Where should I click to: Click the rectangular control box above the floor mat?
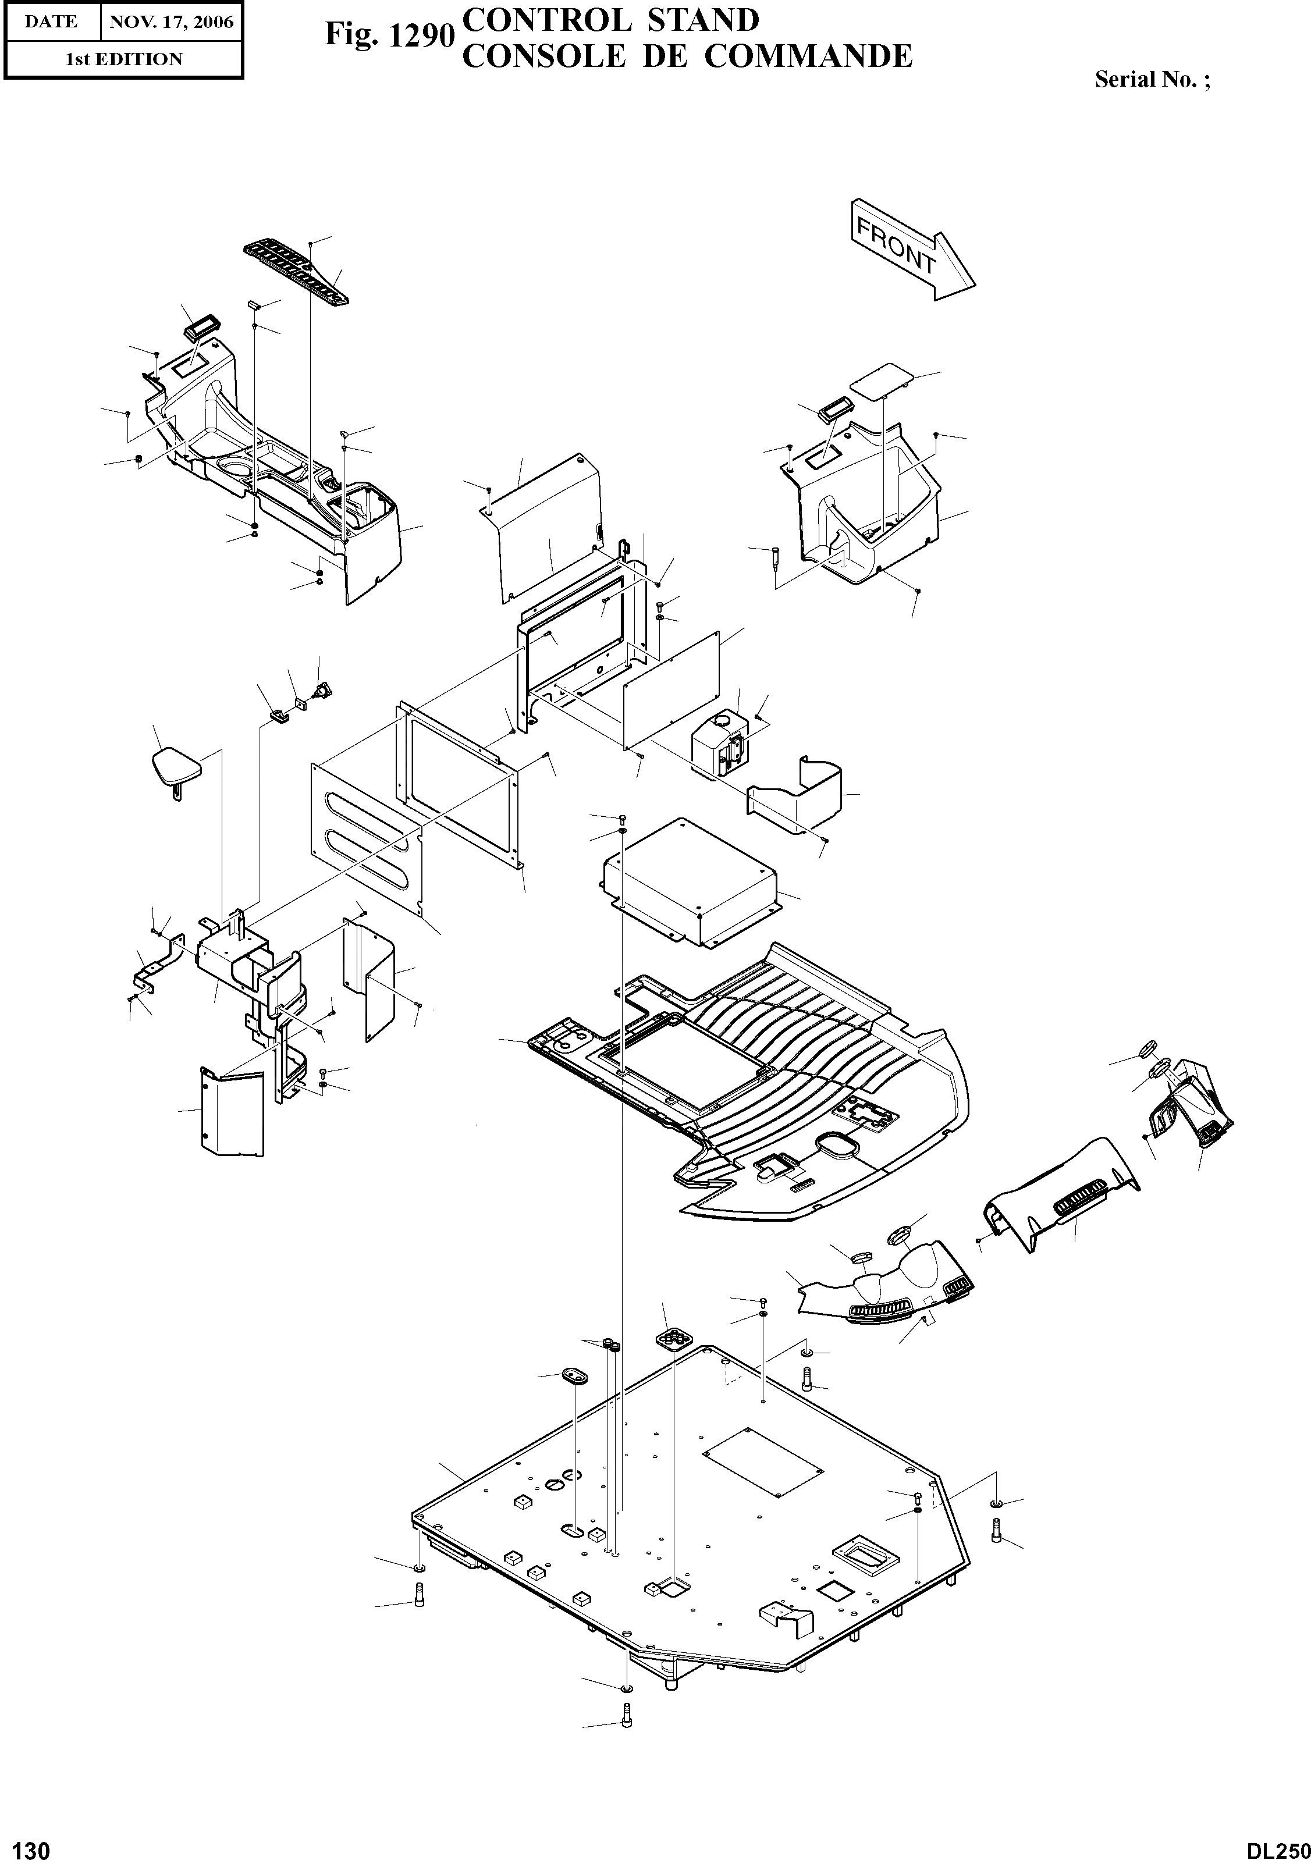[x=690, y=883]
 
